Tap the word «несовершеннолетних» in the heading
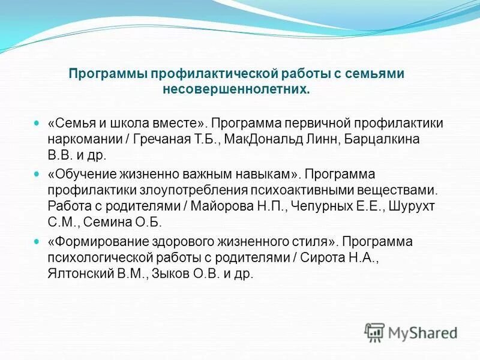(236, 89)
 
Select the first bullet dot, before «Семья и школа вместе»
(35, 122)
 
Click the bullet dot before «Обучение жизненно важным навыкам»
(35, 173)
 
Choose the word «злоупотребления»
(179, 190)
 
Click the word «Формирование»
(91, 241)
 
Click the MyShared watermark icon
(375, 332)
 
